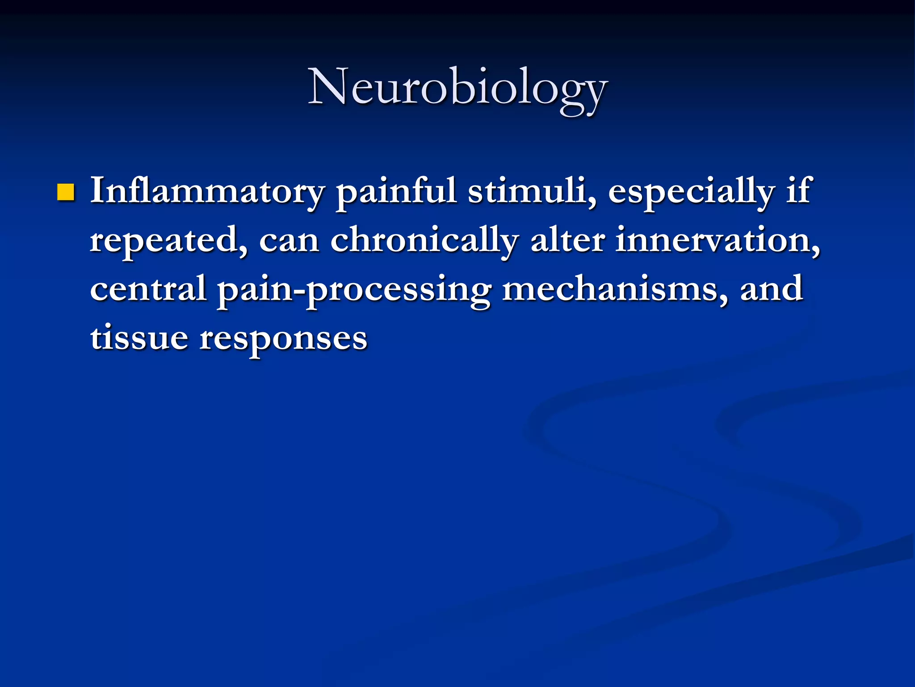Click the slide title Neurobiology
(457, 87)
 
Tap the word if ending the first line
(798, 191)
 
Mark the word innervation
(718, 240)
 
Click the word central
(148, 288)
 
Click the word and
(772, 288)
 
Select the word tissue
(139, 337)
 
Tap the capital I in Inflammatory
(97, 191)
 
